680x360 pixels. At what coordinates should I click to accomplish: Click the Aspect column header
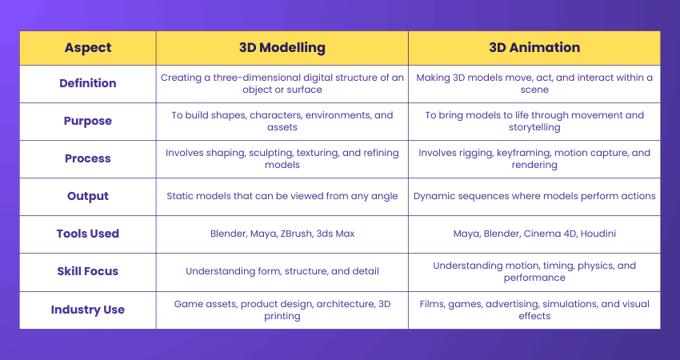coord(88,48)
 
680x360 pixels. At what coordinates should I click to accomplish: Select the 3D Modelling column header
coord(282,48)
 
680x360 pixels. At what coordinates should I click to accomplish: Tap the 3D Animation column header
coord(534,47)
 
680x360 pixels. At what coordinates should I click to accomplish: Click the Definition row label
coord(88,83)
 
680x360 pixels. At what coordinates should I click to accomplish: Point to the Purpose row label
coord(88,121)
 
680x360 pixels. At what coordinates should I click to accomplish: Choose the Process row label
coord(88,158)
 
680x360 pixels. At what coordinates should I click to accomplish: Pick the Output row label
coord(88,196)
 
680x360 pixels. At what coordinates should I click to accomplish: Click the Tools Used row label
coord(88,234)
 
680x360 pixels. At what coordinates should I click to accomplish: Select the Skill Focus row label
coord(88,271)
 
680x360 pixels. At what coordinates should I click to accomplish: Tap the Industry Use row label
coord(88,310)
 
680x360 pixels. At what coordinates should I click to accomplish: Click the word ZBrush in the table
coord(296,234)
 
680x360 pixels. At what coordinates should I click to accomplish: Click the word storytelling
coord(534,127)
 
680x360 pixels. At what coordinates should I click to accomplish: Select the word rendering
coord(534,166)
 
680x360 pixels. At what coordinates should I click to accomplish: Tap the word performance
coord(534,278)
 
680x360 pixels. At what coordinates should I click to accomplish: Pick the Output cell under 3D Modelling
coord(282,196)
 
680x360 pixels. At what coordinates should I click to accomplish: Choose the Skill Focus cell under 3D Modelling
coord(282,271)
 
